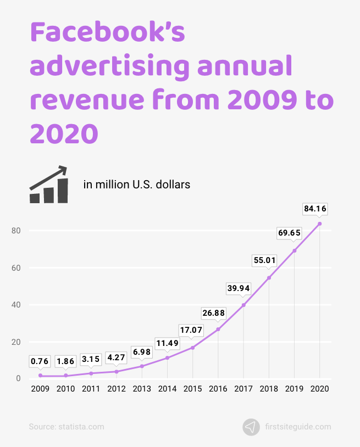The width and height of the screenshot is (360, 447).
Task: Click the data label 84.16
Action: pyautogui.click(x=319, y=209)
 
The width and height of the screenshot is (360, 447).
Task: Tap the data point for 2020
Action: pyautogui.click(x=319, y=223)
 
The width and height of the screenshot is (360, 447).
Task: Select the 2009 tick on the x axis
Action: pyautogui.click(x=40, y=389)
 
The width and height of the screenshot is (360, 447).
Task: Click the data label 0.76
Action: pyautogui.click(x=40, y=361)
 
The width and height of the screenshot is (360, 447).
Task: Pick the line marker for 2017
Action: pyautogui.click(x=243, y=305)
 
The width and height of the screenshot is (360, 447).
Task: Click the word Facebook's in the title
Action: pyautogui.click(x=107, y=34)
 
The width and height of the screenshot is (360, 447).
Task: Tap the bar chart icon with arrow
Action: pyautogui.click(x=49, y=185)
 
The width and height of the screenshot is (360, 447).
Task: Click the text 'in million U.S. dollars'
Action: pyautogui.click(x=137, y=185)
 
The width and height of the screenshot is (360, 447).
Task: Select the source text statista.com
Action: pyautogui.click(x=66, y=427)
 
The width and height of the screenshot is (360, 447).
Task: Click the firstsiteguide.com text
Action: pyautogui.click(x=297, y=427)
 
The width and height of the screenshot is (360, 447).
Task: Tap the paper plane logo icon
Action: pyautogui.click(x=251, y=427)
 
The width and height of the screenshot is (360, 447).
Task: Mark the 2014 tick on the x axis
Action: pyautogui.click(x=167, y=389)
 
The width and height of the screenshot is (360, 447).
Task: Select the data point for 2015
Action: pyautogui.click(x=192, y=348)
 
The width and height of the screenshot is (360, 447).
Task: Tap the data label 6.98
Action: pyautogui.click(x=142, y=351)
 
